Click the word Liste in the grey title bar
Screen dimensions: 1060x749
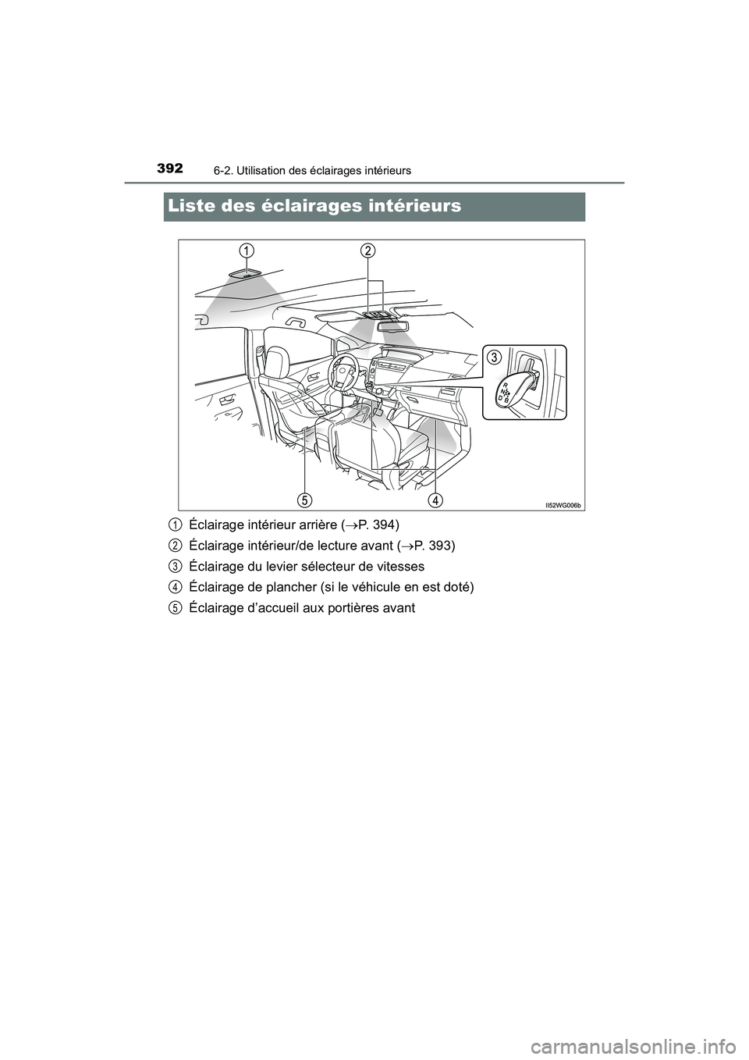pos(198,206)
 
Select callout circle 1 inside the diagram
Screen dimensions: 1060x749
pos(246,250)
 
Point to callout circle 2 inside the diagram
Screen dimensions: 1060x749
pos(367,250)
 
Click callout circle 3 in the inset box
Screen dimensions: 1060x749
pos(495,357)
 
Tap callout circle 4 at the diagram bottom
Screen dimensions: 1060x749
pos(435,498)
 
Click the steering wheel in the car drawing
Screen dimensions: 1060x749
pos(343,372)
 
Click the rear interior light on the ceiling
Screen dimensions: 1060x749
pos(246,274)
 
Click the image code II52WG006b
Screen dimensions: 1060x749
pos(563,505)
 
